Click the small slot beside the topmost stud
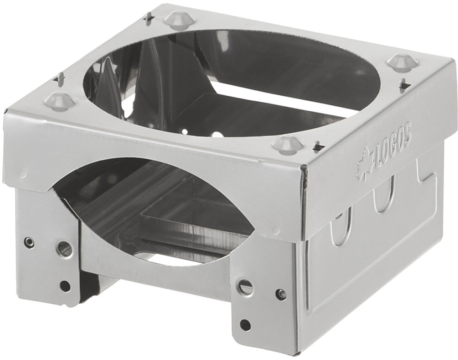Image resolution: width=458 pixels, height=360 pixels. [149, 17]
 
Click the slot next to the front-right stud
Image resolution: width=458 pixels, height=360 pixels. [319, 146]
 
